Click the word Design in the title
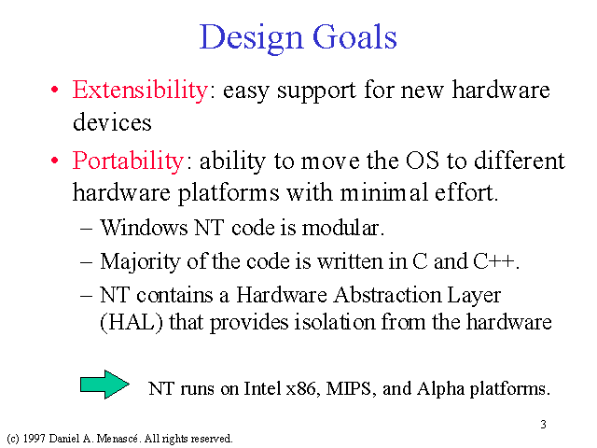251,38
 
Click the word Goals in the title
354,36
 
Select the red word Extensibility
140,91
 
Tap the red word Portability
129,161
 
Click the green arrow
104,385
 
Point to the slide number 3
543,424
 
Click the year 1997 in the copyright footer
35,439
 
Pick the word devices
112,122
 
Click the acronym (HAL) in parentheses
132,322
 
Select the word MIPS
348,388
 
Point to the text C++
493,261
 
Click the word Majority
140,262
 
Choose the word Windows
144,228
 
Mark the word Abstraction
386,295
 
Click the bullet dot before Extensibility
55,91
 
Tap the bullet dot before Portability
55,161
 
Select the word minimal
383,192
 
